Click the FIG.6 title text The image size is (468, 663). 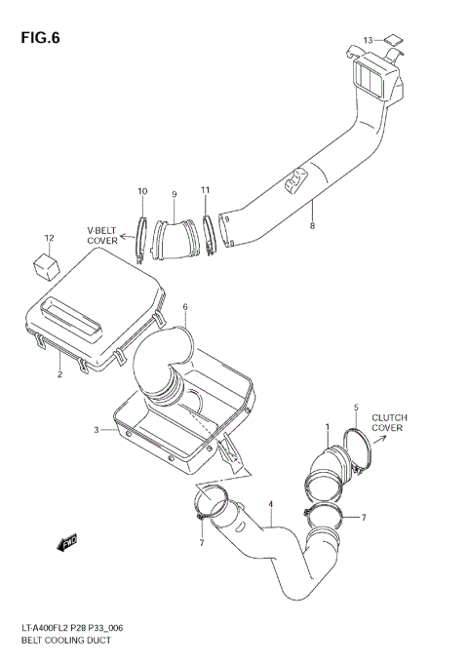pos(38,39)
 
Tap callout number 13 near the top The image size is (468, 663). pos(368,40)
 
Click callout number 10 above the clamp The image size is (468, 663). pos(142,191)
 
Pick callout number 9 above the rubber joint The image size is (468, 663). pos(174,193)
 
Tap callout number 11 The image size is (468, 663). pos(205,190)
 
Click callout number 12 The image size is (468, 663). pos(49,238)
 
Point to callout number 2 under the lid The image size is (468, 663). pos(58,373)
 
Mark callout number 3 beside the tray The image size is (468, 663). pos(97,429)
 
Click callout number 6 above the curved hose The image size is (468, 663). pos(184,307)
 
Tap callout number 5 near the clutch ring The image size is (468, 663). pos(356,406)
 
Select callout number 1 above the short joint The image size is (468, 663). pos(328,426)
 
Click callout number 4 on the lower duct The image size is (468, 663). pos(271,505)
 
